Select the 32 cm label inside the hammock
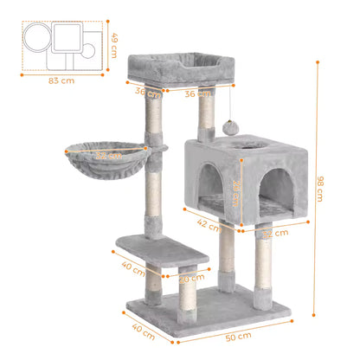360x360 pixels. [107, 157]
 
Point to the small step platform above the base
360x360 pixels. [163, 253]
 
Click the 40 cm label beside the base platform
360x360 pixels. [142, 328]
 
